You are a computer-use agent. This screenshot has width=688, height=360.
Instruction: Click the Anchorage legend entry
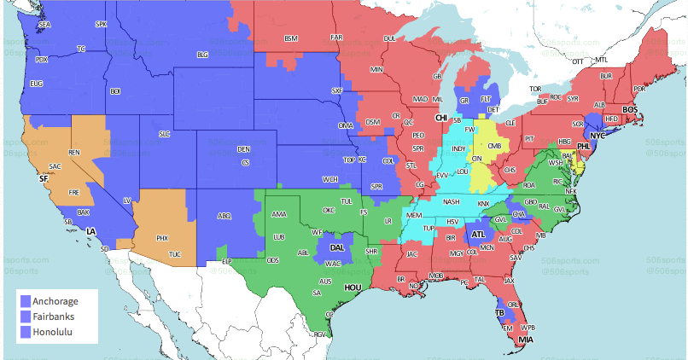pyautogui.click(x=53, y=301)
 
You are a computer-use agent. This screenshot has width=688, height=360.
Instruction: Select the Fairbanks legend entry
pyautogui.click(x=53, y=316)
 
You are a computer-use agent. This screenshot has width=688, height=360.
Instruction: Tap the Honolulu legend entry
pyautogui.click(x=53, y=332)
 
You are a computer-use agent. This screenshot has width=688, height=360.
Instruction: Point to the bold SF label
pyautogui.click(x=44, y=179)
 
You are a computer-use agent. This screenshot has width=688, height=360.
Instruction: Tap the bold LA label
pyautogui.click(x=90, y=231)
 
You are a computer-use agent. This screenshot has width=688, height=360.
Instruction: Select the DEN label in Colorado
pyautogui.click(x=243, y=149)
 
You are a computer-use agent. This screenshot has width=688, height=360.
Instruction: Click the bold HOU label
pyautogui.click(x=353, y=288)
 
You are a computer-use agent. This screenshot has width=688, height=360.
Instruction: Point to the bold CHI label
pyautogui.click(x=441, y=118)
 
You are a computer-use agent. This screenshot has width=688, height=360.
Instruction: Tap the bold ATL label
pyautogui.click(x=479, y=234)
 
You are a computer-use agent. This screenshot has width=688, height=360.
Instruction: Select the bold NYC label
pyautogui.click(x=598, y=136)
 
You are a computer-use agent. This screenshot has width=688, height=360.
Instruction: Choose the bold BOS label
pyautogui.click(x=630, y=109)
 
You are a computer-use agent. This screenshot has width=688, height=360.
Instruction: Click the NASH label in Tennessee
pyautogui.click(x=452, y=201)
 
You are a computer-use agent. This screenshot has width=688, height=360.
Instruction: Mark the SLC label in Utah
pyautogui.click(x=165, y=134)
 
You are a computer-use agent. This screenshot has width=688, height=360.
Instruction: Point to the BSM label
pyautogui.click(x=291, y=38)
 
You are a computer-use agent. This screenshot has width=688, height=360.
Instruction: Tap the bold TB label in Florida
pyautogui.click(x=500, y=312)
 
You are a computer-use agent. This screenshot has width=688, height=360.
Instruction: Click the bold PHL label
pyautogui.click(x=583, y=147)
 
